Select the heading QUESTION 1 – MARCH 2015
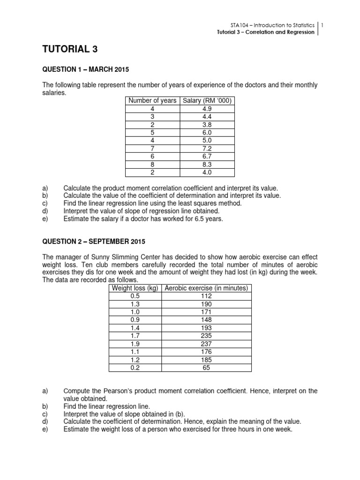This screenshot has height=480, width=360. [85, 70]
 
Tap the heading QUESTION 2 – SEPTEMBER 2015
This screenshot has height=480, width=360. [94, 242]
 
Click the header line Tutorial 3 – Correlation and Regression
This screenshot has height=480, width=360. [265, 32]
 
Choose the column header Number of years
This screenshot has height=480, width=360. [152, 100]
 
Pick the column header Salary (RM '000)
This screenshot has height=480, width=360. [207, 100]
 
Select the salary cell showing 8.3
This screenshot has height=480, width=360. [207, 164]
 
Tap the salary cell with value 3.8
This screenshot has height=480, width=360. [207, 124]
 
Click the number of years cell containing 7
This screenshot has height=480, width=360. [152, 148]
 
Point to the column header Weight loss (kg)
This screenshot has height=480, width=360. [135, 288]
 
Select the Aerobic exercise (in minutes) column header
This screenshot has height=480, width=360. [206, 288]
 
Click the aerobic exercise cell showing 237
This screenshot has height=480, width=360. [206, 344]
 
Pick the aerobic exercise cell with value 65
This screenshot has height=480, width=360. [206, 368]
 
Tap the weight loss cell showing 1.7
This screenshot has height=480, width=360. [135, 336]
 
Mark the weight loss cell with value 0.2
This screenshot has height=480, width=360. [135, 368]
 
